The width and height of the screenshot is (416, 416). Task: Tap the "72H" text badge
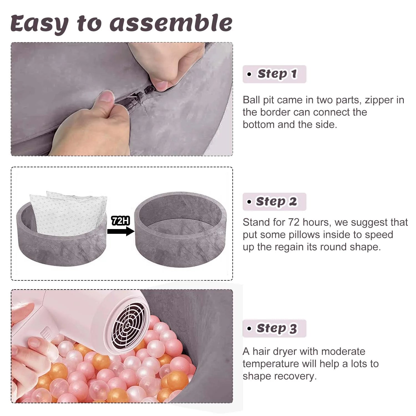point(120,221)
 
